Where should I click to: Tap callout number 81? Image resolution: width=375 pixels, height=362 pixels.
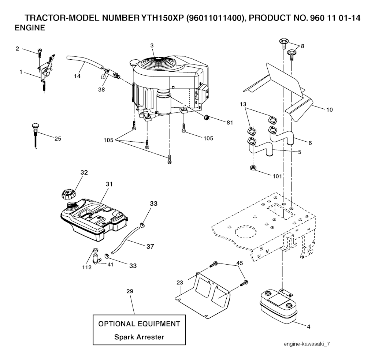pos(230,123)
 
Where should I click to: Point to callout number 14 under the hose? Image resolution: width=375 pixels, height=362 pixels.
pos(77,76)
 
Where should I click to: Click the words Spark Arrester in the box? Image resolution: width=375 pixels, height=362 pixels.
pos(139,337)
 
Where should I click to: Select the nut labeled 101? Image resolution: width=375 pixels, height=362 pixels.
pos(252,168)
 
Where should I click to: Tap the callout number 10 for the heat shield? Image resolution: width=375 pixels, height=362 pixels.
pos(330,110)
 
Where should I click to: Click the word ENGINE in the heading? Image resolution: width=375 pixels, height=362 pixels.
pos(30,28)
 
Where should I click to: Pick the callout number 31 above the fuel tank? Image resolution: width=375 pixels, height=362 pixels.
pos(109,184)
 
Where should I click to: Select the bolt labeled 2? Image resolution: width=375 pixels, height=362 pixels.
pos(40,53)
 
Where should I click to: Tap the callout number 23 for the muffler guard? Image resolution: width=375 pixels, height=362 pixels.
pos(180,282)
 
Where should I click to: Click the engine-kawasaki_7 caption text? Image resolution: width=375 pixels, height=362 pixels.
pos(307,344)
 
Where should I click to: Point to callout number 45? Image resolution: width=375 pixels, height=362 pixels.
pos(240,263)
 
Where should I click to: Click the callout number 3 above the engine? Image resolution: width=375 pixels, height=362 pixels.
pos(152,45)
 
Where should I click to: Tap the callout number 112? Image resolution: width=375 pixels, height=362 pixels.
pos(87,267)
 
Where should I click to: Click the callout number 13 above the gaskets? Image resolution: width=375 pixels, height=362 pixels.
pos(243,104)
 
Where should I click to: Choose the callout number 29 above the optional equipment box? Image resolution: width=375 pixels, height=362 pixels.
pos(130,291)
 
